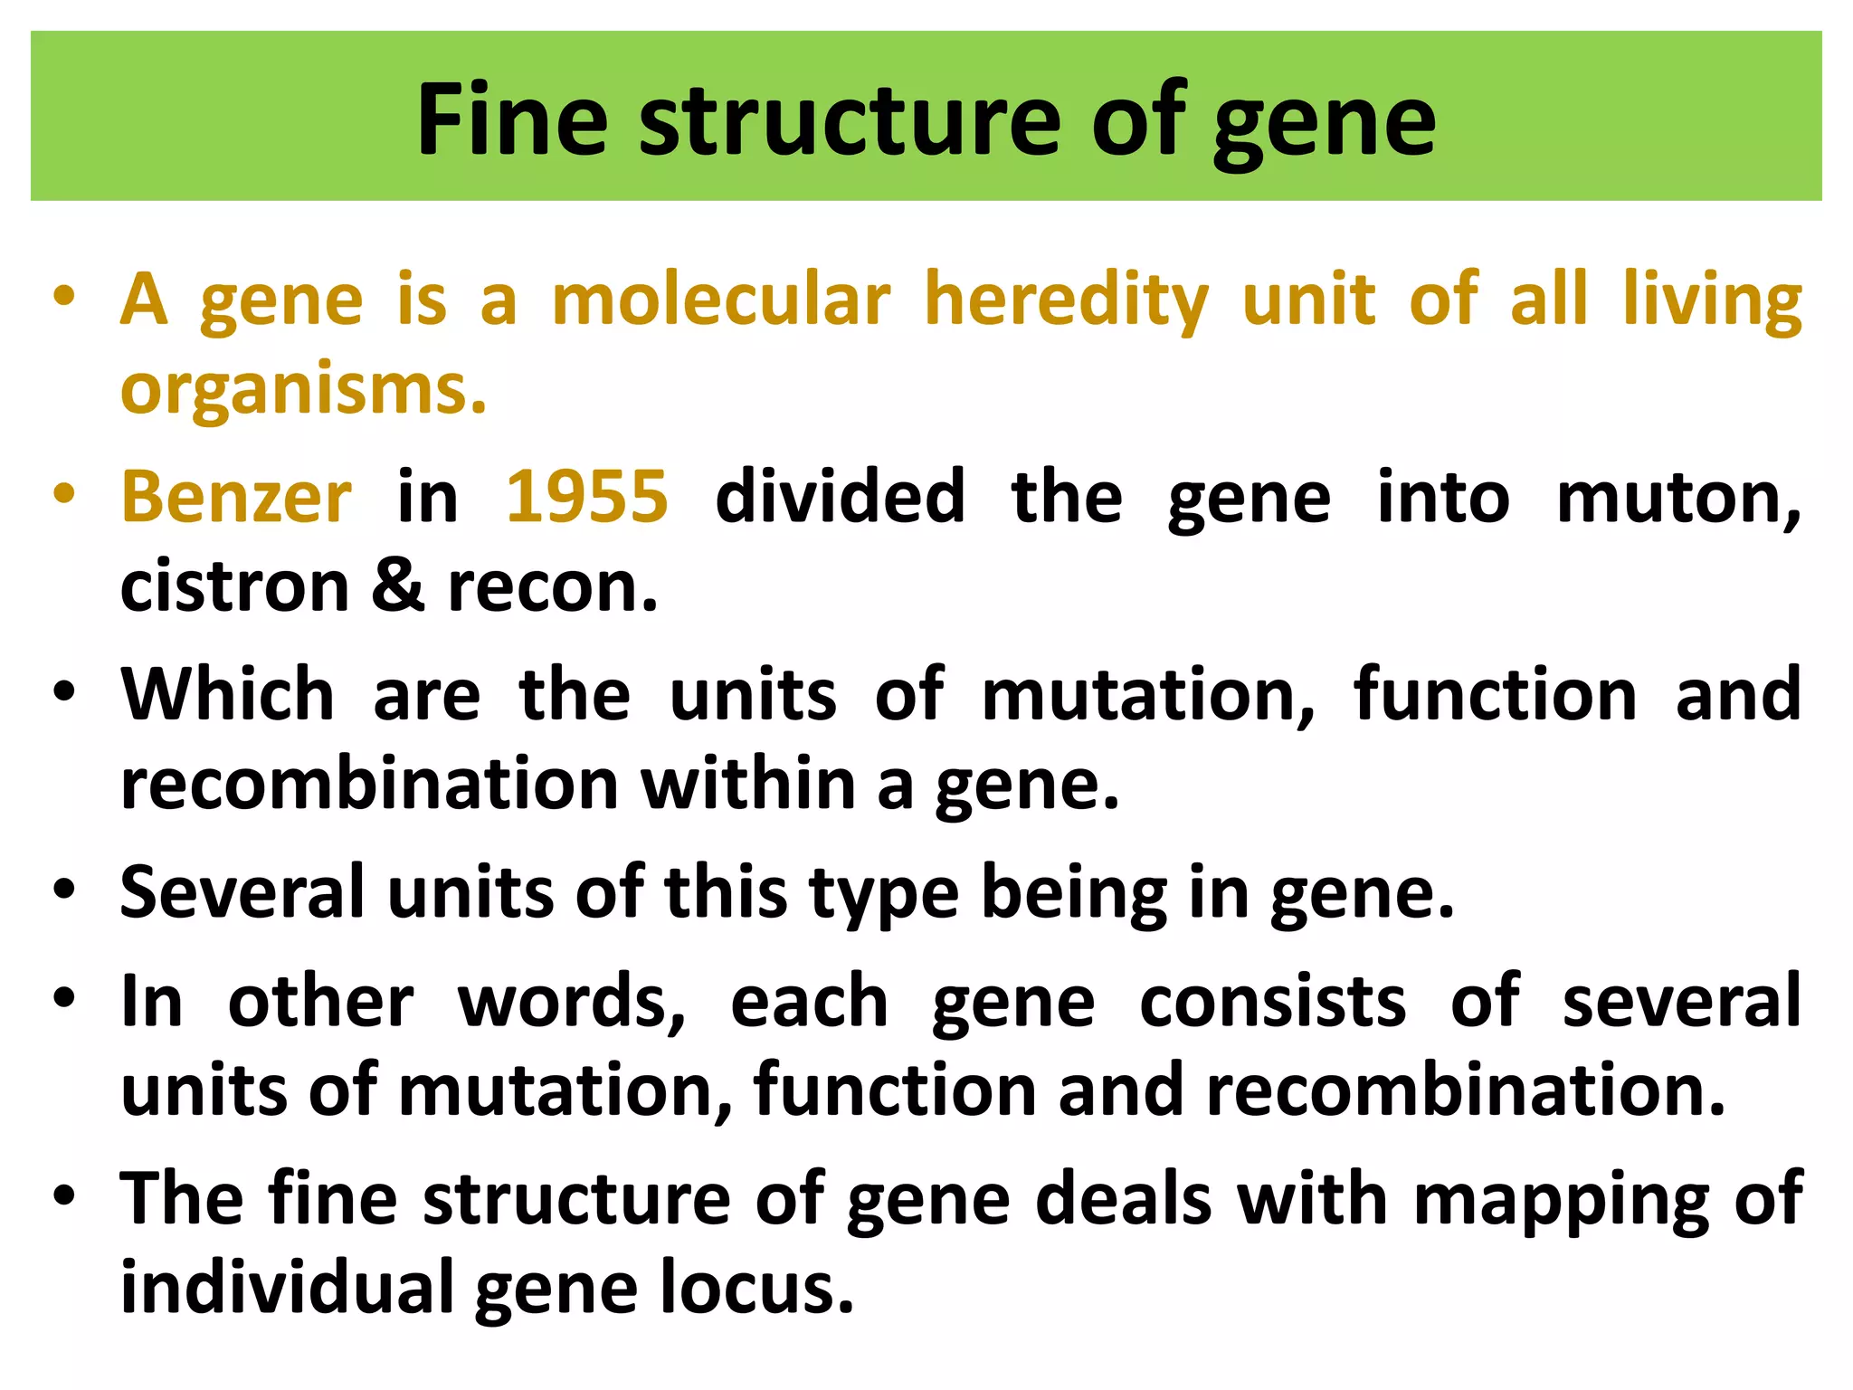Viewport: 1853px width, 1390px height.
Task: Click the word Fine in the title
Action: pos(511,120)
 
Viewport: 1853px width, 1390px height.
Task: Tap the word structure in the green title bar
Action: pos(850,120)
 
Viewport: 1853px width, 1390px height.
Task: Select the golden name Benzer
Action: pos(236,497)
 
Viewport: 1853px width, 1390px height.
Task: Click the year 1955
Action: pos(586,497)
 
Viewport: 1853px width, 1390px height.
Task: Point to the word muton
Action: pos(1677,499)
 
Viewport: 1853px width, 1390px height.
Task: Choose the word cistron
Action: pos(234,586)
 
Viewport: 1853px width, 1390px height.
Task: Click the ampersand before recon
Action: pos(397,586)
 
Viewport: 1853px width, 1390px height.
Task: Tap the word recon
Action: pos(553,586)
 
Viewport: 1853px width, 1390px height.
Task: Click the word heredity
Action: pos(1066,301)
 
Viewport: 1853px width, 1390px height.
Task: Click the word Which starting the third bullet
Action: pos(228,694)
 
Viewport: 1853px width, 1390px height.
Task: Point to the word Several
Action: pos(242,892)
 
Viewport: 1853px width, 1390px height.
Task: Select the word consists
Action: pos(1272,1002)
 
